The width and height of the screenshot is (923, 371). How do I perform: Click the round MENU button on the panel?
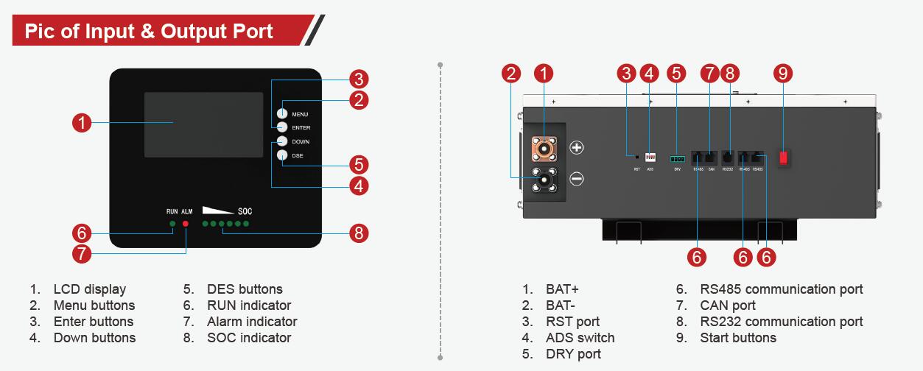click(x=282, y=113)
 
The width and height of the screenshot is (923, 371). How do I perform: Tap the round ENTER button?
click(x=282, y=127)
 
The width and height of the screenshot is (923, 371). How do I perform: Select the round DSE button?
click(x=282, y=155)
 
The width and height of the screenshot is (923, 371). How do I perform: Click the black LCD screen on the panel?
click(x=203, y=124)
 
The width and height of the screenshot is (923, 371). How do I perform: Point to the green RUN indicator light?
click(x=172, y=223)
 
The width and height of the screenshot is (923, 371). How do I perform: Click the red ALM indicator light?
click(x=185, y=223)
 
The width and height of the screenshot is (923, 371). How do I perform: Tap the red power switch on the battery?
click(x=784, y=156)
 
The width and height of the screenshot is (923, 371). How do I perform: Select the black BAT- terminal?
click(x=545, y=178)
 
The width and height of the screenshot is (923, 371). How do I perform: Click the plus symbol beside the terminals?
click(x=577, y=148)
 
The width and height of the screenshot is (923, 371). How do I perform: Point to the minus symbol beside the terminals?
click(x=577, y=179)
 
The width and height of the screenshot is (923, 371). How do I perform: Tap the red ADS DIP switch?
click(x=650, y=157)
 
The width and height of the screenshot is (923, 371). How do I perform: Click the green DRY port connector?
click(x=677, y=158)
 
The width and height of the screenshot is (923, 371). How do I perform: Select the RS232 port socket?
click(x=728, y=157)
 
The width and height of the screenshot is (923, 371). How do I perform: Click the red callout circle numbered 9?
click(x=784, y=73)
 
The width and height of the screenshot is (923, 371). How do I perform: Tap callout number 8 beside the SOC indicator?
click(x=358, y=233)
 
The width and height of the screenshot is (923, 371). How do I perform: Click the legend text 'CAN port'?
click(x=728, y=305)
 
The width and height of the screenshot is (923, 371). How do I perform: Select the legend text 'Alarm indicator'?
click(x=252, y=322)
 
